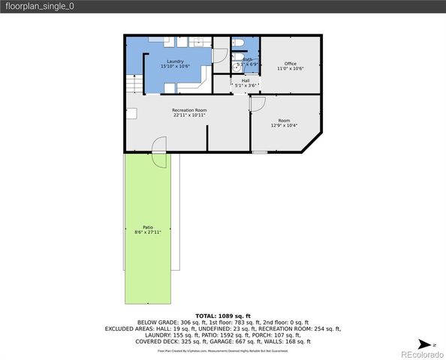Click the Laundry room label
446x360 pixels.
tap(175, 61)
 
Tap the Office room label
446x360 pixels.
tap(290, 63)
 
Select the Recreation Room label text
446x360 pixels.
tap(189, 110)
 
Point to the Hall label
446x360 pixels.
tap(246, 80)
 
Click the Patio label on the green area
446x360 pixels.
tap(148, 227)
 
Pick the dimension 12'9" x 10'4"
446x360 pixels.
tap(284, 125)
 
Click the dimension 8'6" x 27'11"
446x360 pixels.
tap(148, 232)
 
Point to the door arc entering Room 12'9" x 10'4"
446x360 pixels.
tap(258, 106)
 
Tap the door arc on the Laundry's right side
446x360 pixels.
tap(219, 55)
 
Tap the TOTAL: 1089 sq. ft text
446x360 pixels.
tap(223, 316)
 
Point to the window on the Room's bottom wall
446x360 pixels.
tap(259, 151)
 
